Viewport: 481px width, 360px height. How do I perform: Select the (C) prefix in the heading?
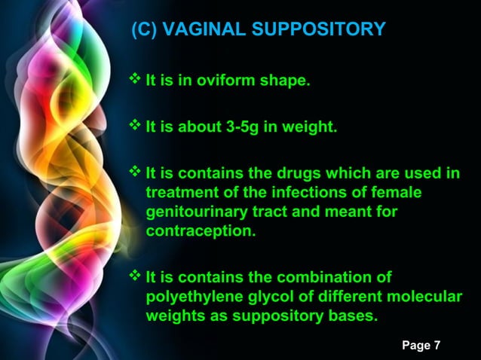[x=145, y=29]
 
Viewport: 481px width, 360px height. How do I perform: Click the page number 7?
[x=437, y=345]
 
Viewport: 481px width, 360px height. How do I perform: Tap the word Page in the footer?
[x=416, y=345]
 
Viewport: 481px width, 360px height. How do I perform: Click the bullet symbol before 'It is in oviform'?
[x=136, y=79]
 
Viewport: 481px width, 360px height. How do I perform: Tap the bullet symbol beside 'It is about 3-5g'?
[x=136, y=125]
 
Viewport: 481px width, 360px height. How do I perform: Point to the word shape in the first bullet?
[x=285, y=81]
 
